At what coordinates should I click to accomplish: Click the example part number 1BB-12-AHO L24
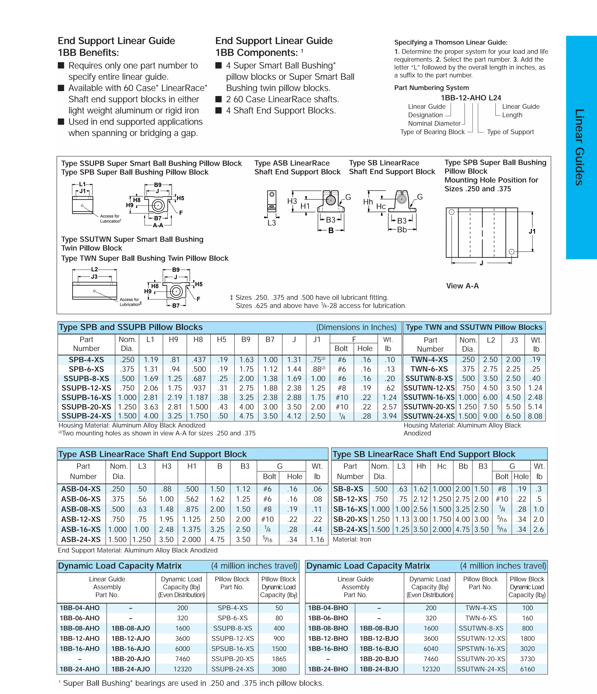(471, 98)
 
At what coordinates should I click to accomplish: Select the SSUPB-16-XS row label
(86, 397)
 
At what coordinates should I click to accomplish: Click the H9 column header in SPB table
(173, 340)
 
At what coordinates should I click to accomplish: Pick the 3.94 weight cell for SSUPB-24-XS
(389, 416)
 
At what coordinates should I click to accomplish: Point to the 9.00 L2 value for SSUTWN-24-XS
(490, 416)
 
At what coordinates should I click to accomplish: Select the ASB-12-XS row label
(81, 519)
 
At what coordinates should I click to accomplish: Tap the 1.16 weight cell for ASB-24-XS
(317, 540)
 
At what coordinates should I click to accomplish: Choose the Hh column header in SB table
(421, 466)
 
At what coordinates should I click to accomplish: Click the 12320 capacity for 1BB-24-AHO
(182, 669)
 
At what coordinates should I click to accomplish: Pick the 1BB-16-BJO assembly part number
(379, 648)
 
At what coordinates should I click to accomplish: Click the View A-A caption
(462, 286)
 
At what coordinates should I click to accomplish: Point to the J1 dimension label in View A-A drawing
(532, 231)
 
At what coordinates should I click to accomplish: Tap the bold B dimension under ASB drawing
(331, 230)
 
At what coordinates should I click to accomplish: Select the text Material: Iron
(352, 539)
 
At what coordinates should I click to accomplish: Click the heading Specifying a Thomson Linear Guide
(450, 42)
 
